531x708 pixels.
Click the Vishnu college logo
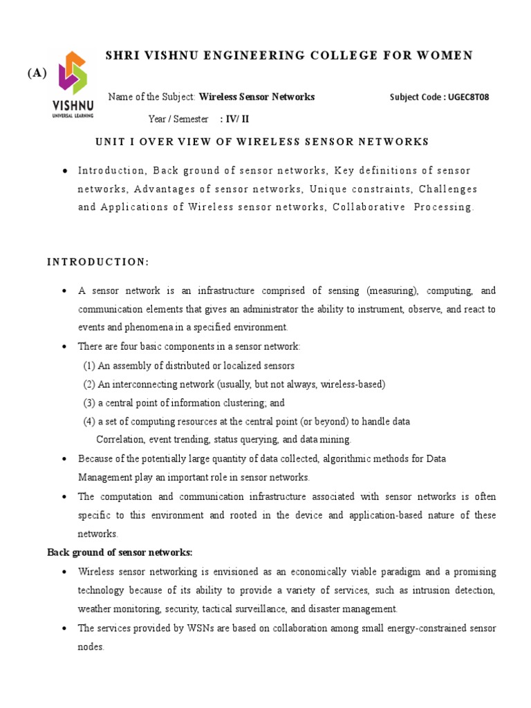coord(73,84)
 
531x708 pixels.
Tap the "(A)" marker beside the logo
coord(37,74)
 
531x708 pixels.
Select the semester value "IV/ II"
coord(234,119)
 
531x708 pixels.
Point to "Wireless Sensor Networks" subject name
coord(257,97)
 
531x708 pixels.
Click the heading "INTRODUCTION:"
coord(97,262)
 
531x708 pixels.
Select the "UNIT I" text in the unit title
coord(114,142)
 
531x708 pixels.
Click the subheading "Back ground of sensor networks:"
coord(120,552)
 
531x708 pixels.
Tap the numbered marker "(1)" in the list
coord(89,366)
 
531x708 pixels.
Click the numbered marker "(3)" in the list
coord(89,402)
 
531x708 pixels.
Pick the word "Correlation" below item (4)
coord(119,439)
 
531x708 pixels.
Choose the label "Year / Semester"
coord(178,119)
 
